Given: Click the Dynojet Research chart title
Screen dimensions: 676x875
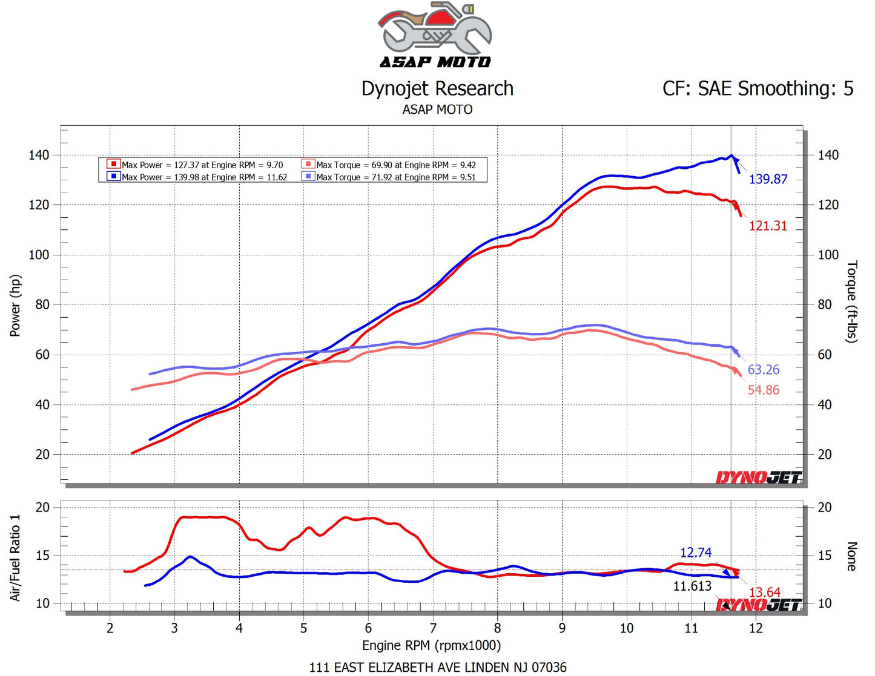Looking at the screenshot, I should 437,89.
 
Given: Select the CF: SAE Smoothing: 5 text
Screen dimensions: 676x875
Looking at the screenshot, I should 758,89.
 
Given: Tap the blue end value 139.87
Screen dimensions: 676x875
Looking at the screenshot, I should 768,179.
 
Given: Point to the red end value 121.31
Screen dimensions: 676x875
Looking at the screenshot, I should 768,226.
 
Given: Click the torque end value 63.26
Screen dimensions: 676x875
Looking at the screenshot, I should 763,370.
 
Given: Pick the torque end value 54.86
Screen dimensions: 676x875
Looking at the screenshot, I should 763,390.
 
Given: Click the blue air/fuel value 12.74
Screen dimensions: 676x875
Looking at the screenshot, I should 695,553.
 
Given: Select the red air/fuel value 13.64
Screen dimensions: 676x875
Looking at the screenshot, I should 764,592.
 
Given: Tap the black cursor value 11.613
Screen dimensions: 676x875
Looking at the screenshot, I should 692,586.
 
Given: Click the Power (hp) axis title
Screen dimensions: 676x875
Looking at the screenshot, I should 15,306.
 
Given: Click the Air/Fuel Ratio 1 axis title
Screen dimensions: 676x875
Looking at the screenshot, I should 15,557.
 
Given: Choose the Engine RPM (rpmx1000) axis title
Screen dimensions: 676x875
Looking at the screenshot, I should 431,645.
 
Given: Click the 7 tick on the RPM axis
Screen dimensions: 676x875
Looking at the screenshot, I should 433,628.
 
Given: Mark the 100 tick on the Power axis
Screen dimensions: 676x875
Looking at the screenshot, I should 39,255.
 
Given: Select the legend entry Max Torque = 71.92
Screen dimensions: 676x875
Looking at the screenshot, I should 395,177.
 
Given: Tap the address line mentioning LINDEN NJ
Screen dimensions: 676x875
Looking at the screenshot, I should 438,667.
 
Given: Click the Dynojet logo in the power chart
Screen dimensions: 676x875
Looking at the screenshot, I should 759,478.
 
